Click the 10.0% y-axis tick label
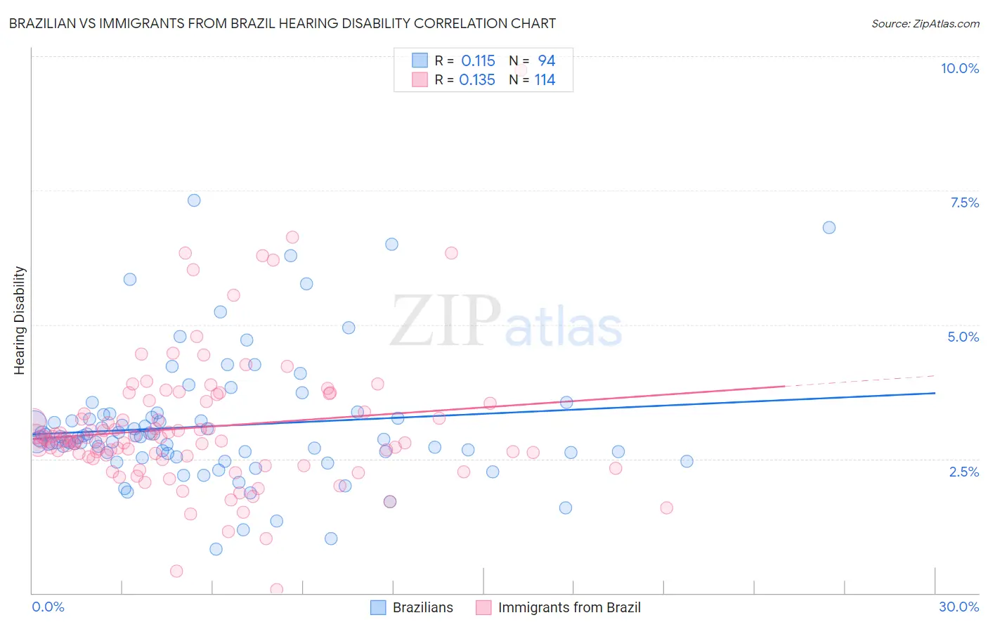[959, 68]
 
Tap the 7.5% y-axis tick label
[964, 202]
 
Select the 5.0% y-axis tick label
[963, 337]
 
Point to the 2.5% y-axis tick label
[964, 472]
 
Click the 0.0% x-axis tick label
[48, 607]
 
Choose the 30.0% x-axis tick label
[958, 607]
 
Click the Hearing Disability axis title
[19, 320]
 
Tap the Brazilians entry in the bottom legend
[412, 607]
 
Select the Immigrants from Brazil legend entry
[559, 607]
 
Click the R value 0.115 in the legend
[478, 61]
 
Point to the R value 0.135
[477, 80]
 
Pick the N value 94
[546, 61]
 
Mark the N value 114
[545, 80]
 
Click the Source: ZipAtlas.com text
[925, 23]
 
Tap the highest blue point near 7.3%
[194, 200]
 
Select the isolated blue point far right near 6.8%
[828, 227]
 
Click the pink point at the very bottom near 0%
[277, 589]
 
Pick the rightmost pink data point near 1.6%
[666, 508]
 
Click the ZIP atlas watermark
[506, 321]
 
